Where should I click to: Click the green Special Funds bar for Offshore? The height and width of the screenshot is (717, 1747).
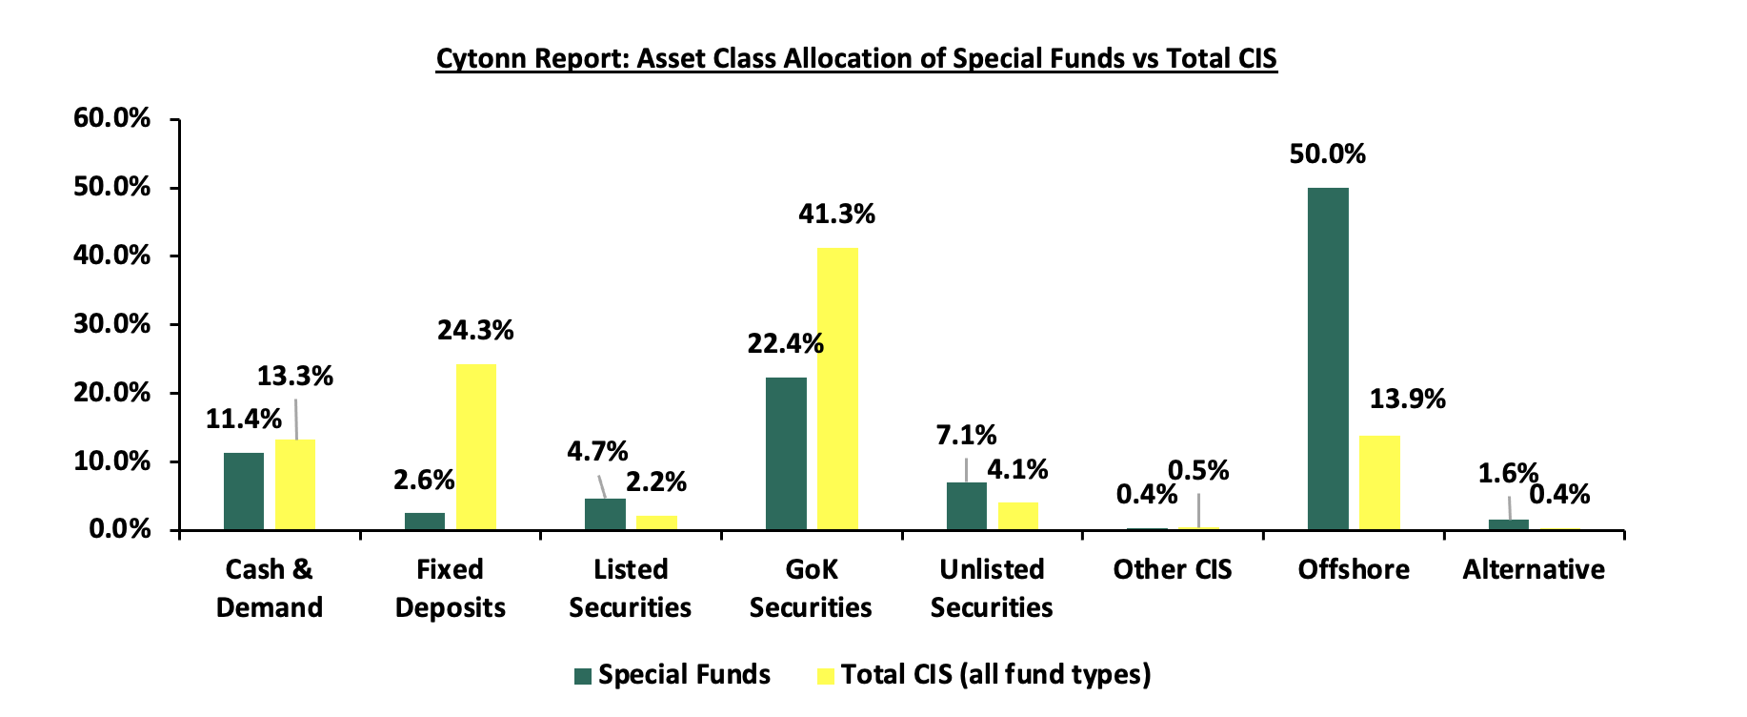point(1328,358)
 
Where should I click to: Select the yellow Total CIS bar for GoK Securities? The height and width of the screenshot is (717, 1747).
point(837,389)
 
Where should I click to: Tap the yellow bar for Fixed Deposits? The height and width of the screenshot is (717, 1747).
point(476,447)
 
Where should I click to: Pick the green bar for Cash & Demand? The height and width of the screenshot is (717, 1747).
point(244,491)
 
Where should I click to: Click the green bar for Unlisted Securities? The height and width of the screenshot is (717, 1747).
point(967,506)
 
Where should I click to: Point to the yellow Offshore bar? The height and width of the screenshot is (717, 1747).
point(1379,482)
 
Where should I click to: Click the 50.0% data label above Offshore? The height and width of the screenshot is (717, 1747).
point(1327,154)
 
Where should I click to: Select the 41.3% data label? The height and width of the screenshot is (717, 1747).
point(836,215)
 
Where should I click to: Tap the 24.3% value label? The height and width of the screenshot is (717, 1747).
point(475,331)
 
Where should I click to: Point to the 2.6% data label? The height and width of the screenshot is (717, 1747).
point(424,480)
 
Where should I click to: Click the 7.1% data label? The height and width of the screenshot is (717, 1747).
point(966,436)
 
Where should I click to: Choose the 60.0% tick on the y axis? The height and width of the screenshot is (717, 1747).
point(112,118)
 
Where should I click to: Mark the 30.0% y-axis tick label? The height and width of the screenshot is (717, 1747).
point(112,324)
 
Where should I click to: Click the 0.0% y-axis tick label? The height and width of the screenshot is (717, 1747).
point(120,529)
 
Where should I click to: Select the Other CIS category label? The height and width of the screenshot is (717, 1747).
point(1173,569)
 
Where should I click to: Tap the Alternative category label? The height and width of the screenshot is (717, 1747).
point(1534,569)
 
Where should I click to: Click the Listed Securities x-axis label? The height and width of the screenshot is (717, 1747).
point(631,588)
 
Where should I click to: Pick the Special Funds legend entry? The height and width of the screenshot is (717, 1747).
point(673,675)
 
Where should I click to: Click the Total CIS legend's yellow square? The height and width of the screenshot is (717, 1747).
point(826,676)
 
